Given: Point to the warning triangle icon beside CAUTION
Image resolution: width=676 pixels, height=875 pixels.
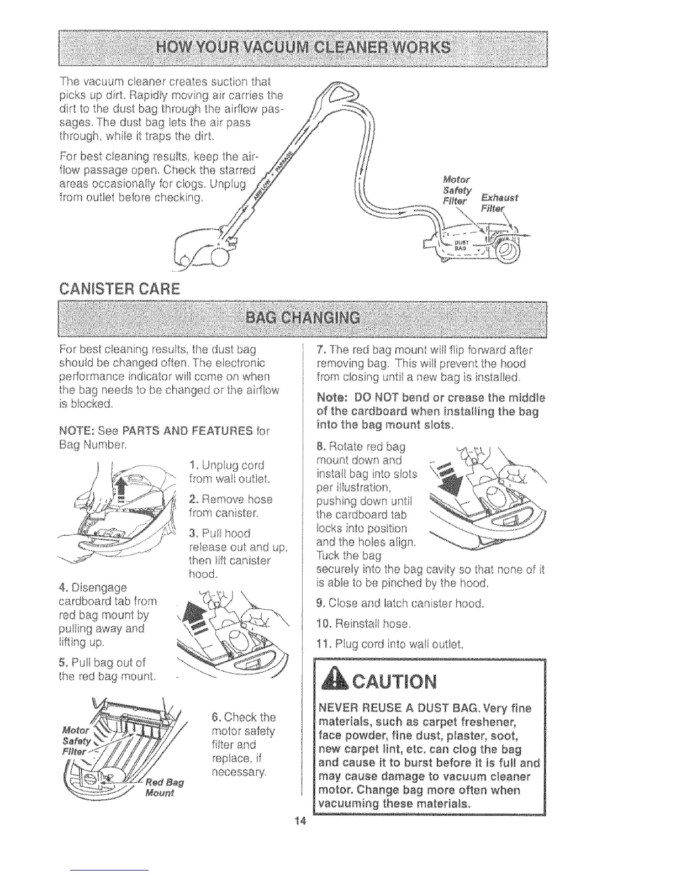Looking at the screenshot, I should (332, 681).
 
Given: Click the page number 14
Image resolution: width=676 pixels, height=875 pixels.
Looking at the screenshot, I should (300, 820).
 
